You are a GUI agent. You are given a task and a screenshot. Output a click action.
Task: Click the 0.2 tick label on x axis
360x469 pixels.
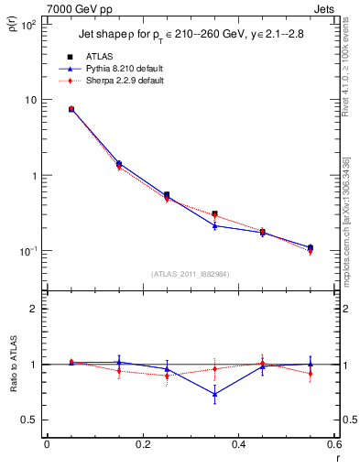coord(142,444)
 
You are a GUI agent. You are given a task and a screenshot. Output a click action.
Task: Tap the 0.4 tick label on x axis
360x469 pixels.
coord(238,444)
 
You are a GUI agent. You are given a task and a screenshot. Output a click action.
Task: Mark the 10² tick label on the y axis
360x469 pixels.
coord(27,25)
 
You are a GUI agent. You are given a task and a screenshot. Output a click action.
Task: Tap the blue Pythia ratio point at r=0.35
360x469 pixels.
coord(214,395)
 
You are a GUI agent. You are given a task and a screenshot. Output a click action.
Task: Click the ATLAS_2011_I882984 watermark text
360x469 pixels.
coord(191,274)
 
